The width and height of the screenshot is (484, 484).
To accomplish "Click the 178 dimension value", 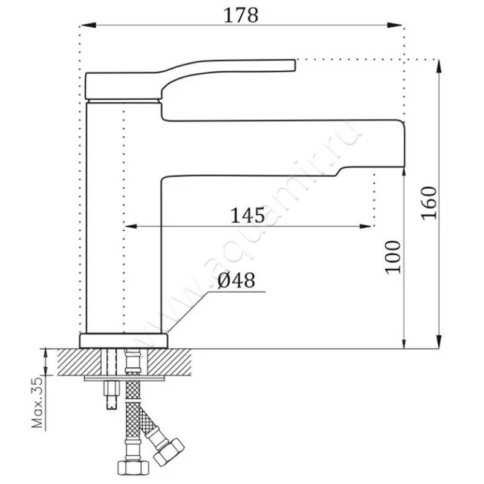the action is click(x=241, y=15).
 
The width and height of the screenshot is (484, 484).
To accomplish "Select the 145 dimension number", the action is click(x=248, y=215).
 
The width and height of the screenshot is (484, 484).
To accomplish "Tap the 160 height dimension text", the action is click(x=430, y=203).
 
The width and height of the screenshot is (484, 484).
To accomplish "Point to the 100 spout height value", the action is click(x=393, y=257).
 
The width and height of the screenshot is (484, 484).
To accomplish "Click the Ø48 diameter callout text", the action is click(x=237, y=281).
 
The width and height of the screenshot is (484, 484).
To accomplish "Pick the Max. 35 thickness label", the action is click(x=38, y=402).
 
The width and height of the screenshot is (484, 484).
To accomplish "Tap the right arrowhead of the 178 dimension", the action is click(x=394, y=25).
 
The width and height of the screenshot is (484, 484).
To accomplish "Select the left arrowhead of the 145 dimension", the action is click(x=131, y=226).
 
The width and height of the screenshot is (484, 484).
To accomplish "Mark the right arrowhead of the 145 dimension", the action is click(x=365, y=226).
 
